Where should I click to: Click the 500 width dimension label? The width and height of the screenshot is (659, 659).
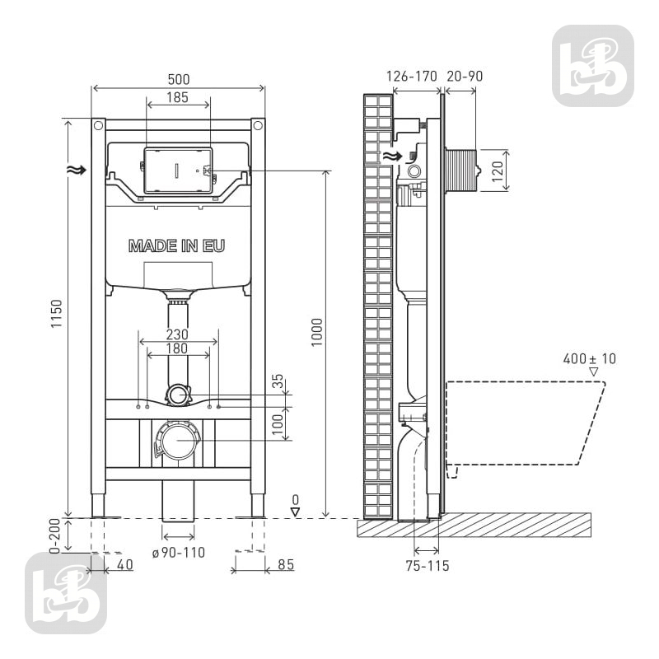(x=179, y=79)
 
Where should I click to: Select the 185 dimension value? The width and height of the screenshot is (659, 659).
(x=177, y=97)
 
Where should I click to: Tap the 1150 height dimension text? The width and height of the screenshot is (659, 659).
(x=56, y=314)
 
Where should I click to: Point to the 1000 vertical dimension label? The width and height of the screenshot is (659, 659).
(x=316, y=332)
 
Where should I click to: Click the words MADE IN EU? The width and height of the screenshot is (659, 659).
(x=176, y=245)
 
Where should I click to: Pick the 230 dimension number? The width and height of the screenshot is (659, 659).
(x=177, y=334)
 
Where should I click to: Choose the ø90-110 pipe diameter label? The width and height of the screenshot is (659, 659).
(x=179, y=552)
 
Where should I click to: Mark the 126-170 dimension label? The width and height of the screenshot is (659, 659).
(x=411, y=77)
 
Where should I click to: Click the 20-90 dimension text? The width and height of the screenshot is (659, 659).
(x=465, y=77)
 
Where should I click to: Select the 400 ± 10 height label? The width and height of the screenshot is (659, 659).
(x=590, y=359)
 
